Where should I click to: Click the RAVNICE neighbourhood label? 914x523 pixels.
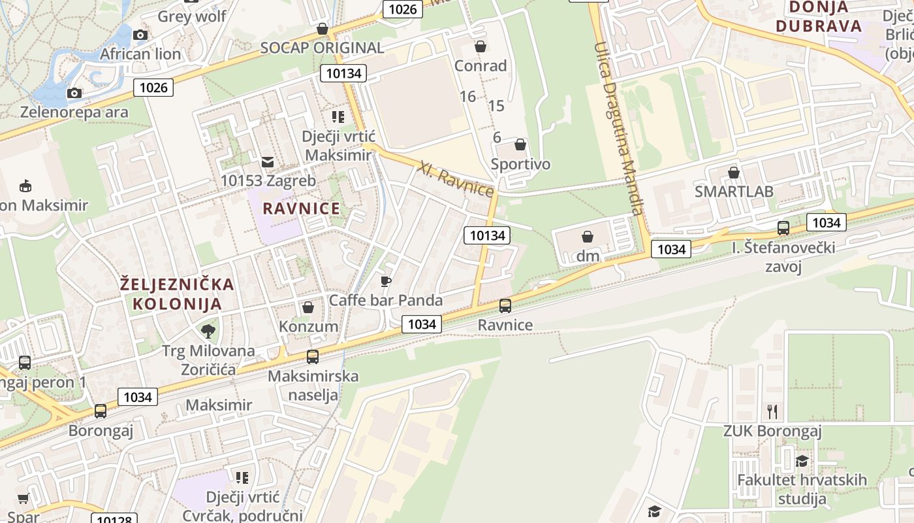tap(301, 209)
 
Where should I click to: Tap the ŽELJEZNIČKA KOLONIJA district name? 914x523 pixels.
tap(178, 294)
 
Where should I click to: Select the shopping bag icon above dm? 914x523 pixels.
tap(588, 237)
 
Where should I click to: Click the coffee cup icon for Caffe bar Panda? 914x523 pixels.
tap(386, 281)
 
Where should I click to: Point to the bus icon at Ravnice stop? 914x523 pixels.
tap(505, 305)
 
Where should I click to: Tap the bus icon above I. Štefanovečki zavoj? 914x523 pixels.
tap(783, 228)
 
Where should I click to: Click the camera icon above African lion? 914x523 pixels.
tap(140, 35)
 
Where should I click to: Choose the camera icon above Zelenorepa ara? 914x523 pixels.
tap(74, 93)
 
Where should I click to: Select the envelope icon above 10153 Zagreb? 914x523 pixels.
tap(268, 161)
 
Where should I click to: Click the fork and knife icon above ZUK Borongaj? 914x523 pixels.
tap(772, 411)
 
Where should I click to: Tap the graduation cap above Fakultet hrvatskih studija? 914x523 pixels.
tap(802, 461)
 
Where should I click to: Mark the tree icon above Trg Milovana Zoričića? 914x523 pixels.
tap(208, 331)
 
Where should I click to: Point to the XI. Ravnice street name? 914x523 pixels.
tap(456, 178)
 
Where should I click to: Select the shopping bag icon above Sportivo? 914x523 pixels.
tap(520, 144)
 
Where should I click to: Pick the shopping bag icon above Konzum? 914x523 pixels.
tap(308, 307)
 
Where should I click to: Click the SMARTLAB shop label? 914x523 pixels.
tap(734, 192)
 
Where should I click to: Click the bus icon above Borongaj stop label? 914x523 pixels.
tap(101, 411)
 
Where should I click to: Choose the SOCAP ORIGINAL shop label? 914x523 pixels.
tap(322, 48)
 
